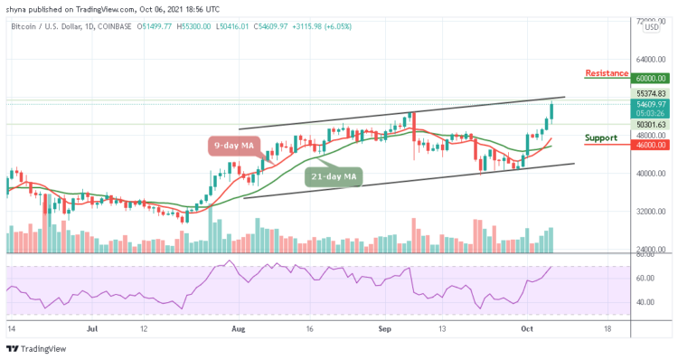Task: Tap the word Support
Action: pos(599,138)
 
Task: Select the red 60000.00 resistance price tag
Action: pos(649,79)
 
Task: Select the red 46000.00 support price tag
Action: pos(649,144)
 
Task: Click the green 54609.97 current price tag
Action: pos(649,105)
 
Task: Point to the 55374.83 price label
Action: pos(649,93)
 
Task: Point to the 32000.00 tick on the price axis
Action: pos(649,212)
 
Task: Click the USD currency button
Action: pos(650,27)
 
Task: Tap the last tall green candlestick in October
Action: pos(552,111)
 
